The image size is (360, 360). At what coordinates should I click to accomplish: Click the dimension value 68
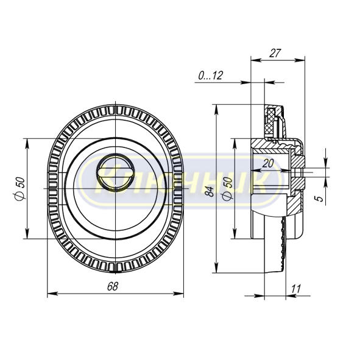pyautogui.click(x=113, y=286)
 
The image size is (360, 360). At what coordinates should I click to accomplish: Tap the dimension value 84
pyautogui.click(x=210, y=191)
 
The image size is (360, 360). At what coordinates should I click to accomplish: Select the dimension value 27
pyautogui.click(x=275, y=53)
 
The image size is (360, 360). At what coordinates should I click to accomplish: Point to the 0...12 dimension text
pyautogui.click(x=211, y=76)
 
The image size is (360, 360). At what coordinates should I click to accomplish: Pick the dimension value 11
pyautogui.click(x=295, y=289)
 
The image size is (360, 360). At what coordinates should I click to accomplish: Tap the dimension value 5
pyautogui.click(x=320, y=199)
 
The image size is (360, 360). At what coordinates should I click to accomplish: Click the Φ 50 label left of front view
pyautogui.click(x=19, y=189)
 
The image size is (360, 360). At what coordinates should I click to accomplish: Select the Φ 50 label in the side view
pyautogui.click(x=228, y=189)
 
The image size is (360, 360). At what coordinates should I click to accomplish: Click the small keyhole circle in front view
pyautogui.click(x=116, y=172)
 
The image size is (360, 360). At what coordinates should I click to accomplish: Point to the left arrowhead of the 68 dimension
pyautogui.click(x=52, y=294)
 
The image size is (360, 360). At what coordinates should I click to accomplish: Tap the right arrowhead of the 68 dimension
pyautogui.click(x=178, y=294)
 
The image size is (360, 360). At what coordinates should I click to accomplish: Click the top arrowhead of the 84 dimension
pyautogui.click(x=216, y=110)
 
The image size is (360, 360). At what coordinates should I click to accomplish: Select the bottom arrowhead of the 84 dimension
pyautogui.click(x=216, y=268)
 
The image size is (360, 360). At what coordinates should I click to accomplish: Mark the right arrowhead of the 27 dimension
pyautogui.click(x=300, y=60)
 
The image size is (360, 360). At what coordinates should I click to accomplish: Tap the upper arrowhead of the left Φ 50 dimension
pyautogui.click(x=27, y=144)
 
